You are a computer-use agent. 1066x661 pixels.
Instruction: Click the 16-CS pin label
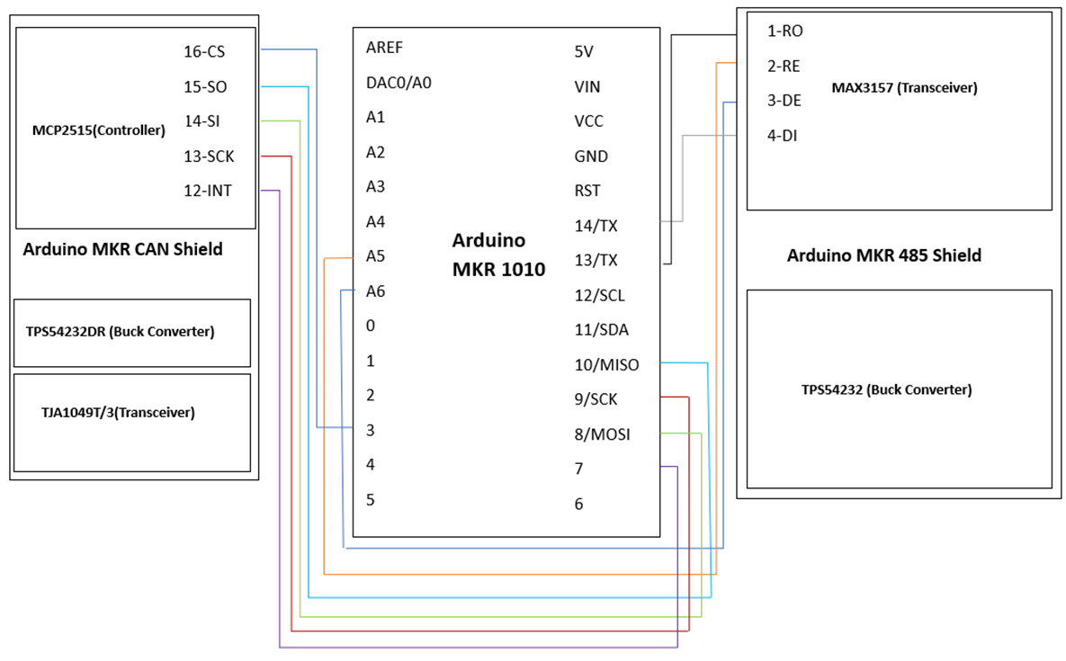point(204,51)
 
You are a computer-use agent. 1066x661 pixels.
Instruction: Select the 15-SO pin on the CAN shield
point(204,86)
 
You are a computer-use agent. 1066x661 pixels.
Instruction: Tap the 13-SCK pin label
point(209,156)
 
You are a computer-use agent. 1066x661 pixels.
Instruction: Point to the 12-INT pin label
point(208,191)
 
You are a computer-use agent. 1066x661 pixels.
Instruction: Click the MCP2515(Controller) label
point(98,130)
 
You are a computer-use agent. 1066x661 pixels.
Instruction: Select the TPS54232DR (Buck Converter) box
point(131,332)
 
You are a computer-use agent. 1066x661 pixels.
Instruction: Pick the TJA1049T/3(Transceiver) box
point(131,422)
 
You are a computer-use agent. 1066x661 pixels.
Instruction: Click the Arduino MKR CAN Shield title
point(122,249)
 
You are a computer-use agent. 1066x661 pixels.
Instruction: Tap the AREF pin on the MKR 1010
point(384,48)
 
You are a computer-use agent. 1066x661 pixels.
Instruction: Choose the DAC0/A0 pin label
point(399,83)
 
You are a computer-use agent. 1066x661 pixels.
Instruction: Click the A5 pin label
point(376,256)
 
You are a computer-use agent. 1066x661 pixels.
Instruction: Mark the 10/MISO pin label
point(606,364)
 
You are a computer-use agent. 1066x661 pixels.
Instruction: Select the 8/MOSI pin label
point(602,434)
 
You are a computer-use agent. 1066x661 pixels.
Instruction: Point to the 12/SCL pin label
point(600,295)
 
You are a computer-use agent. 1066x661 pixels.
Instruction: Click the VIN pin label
point(587,86)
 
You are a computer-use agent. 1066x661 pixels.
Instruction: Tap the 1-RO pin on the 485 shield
point(784,31)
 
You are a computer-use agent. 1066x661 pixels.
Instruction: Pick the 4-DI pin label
point(782,136)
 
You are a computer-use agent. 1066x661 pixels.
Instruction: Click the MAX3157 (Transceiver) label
point(905,88)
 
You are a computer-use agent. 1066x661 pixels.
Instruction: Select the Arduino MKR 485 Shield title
point(884,255)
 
